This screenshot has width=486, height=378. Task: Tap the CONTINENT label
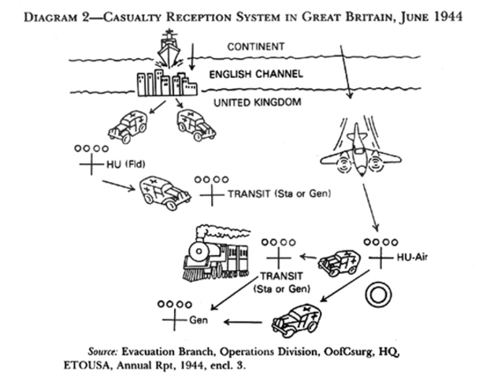pyautogui.click(x=255, y=47)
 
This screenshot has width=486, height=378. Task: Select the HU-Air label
pyautogui.click(x=414, y=258)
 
